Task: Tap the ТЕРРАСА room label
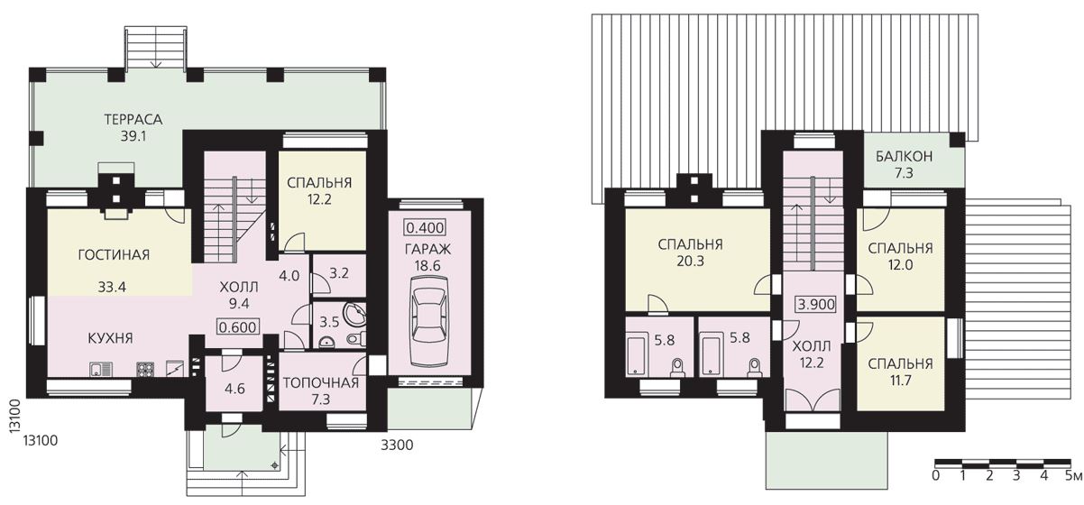pyautogui.click(x=133, y=119)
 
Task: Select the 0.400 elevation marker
pyautogui.click(x=425, y=227)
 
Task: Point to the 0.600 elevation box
pyautogui.click(x=237, y=327)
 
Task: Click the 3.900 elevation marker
pyautogui.click(x=816, y=304)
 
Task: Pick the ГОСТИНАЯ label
pyautogui.click(x=114, y=254)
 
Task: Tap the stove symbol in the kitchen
pyautogui.click(x=146, y=370)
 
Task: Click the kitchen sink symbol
pyautogui.click(x=101, y=370)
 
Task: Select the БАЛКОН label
pyautogui.click(x=904, y=156)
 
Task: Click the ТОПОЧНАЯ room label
pyautogui.click(x=321, y=383)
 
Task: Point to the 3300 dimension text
pyautogui.click(x=397, y=445)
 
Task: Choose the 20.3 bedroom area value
pyautogui.click(x=691, y=262)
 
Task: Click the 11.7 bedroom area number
pyautogui.click(x=900, y=381)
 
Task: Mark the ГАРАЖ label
pyautogui.click(x=427, y=249)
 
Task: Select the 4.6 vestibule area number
pyautogui.click(x=234, y=389)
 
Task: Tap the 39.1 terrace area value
pyautogui.click(x=133, y=137)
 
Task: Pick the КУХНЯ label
pyautogui.click(x=110, y=337)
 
